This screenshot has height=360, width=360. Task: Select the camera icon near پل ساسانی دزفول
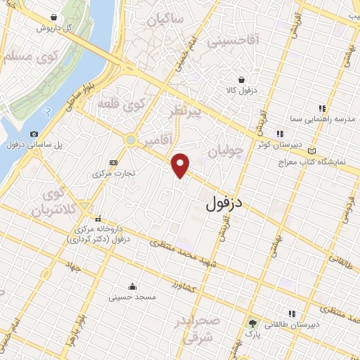tap(34, 134)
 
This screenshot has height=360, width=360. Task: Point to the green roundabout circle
tap(131, 140)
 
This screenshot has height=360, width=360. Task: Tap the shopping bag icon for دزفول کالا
tap(241, 80)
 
